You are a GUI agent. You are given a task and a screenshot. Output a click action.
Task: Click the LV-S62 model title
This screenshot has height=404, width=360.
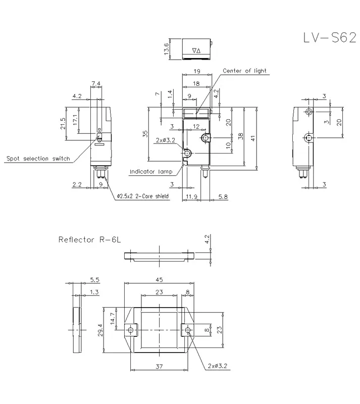point(330,37)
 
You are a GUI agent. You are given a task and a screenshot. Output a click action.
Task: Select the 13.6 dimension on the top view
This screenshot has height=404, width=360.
point(166,48)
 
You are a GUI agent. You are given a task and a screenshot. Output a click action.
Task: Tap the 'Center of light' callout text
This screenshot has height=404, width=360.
point(244,71)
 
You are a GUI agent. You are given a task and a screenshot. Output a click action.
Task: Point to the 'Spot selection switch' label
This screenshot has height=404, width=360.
point(38,159)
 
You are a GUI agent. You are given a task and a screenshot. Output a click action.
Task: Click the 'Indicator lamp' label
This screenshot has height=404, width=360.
point(151,172)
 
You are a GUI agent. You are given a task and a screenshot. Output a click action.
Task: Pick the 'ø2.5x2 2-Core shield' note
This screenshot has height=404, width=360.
point(143,196)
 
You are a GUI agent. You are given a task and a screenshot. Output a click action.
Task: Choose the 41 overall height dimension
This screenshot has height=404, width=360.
point(253,138)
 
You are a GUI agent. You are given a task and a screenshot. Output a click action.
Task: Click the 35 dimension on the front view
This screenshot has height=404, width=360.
point(145,134)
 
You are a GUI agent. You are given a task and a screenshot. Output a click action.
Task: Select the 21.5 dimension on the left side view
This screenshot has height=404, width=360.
point(63,124)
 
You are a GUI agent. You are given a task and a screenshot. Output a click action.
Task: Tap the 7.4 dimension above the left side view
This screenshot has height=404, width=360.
point(96,83)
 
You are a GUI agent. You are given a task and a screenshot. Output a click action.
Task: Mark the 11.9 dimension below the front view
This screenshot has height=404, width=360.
point(191,197)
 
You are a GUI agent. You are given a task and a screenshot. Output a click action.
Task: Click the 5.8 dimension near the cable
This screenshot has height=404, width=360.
point(223,197)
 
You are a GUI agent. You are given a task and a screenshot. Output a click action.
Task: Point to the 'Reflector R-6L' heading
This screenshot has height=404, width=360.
point(89,239)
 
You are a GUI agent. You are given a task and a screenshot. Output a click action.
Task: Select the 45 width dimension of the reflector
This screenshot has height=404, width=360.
point(159,280)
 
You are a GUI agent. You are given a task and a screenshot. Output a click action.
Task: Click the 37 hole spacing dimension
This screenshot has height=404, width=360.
point(159,366)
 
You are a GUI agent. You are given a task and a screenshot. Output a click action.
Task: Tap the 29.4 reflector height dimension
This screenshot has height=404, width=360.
point(100,330)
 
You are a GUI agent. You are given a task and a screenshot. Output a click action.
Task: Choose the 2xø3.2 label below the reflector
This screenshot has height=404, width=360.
point(218,366)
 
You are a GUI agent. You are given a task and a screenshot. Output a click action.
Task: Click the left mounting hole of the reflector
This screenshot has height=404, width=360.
point(131,330)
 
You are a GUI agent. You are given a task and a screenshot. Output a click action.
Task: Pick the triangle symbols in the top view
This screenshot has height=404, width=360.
point(196,51)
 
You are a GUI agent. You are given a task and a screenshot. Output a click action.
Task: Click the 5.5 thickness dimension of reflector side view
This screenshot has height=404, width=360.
point(94,280)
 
